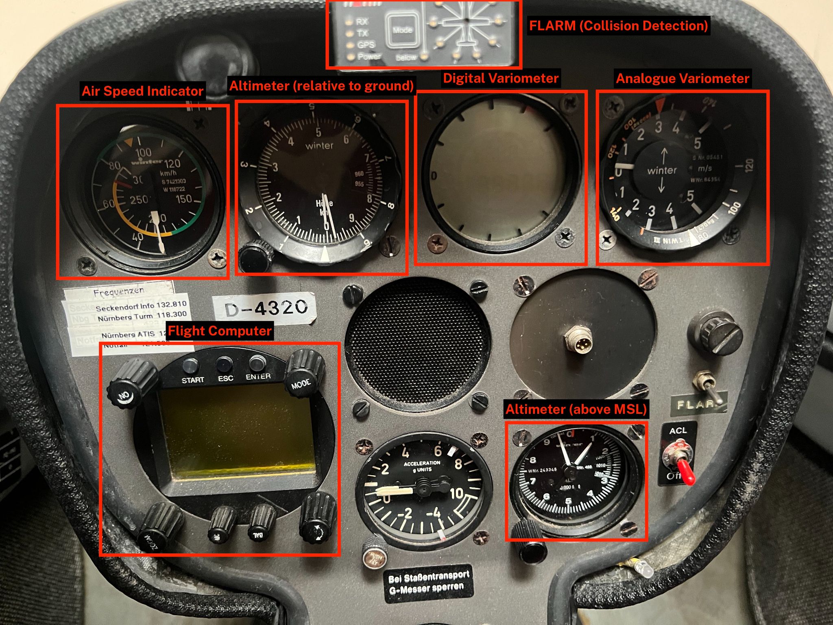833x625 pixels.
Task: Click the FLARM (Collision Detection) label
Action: pos(618,26)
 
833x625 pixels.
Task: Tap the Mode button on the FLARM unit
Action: pos(402,30)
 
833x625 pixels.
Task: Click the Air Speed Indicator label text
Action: pos(142,91)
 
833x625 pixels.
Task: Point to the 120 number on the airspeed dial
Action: pos(172,164)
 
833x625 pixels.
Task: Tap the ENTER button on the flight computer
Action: pos(257,363)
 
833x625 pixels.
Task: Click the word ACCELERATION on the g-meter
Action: pos(422,463)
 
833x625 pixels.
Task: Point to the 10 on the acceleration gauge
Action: pos(456,494)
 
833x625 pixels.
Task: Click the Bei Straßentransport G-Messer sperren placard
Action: pos(429,583)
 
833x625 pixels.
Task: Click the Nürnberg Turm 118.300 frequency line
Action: pos(142,316)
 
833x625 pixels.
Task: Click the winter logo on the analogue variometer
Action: pos(661,170)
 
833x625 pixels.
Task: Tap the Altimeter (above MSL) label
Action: pos(576,409)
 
